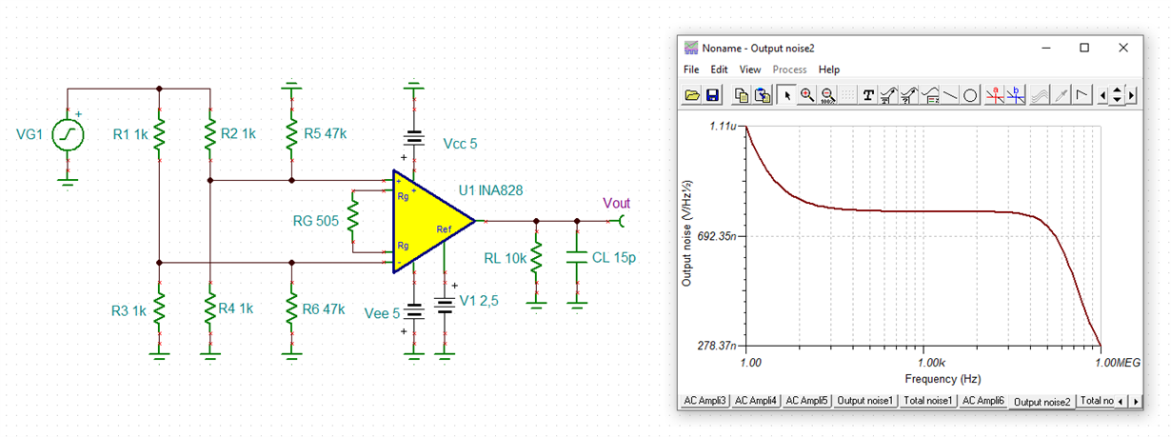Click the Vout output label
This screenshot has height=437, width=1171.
tap(616, 203)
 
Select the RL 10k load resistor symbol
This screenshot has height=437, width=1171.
tap(536, 257)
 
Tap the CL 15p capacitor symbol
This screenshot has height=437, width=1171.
tap(576, 257)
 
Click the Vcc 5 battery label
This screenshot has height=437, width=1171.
tap(460, 144)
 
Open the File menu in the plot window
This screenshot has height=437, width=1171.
tap(691, 70)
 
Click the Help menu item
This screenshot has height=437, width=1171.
tap(829, 70)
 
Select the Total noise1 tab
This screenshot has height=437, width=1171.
tap(928, 401)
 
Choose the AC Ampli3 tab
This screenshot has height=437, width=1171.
tap(705, 401)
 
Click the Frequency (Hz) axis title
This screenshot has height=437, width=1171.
tap(923, 378)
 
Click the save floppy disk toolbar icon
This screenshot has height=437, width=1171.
tap(713, 95)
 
